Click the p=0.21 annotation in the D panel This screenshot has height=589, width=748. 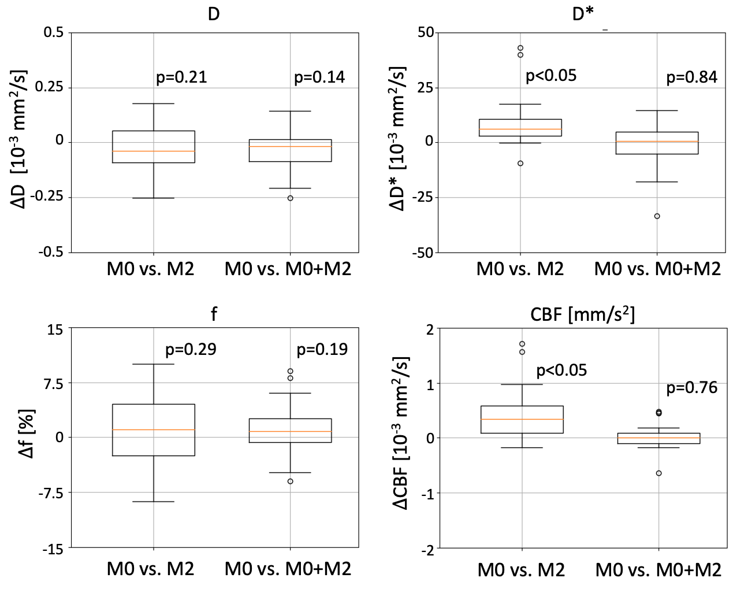point(181,77)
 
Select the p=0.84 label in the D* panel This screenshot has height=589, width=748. point(692,77)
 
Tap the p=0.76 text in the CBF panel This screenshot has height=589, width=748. point(692,387)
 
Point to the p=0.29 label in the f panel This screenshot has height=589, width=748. point(191,349)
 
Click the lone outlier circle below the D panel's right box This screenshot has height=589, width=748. point(290,198)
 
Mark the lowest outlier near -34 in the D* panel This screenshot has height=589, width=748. point(657,216)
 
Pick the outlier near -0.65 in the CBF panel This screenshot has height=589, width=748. point(658,473)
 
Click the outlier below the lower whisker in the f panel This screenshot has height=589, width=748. point(290,481)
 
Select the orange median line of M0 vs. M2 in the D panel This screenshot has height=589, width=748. point(154,151)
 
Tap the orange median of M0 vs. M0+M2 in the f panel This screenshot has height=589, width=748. point(290,432)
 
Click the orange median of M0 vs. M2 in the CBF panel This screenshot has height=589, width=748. point(522,419)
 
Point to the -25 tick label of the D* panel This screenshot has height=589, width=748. point(422,198)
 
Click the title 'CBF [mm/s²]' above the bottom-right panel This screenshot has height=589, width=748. point(582,316)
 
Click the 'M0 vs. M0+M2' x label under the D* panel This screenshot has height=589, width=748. point(658,269)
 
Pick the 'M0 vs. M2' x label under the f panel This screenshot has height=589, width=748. point(150,569)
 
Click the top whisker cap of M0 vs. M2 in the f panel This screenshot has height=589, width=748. point(154,364)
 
